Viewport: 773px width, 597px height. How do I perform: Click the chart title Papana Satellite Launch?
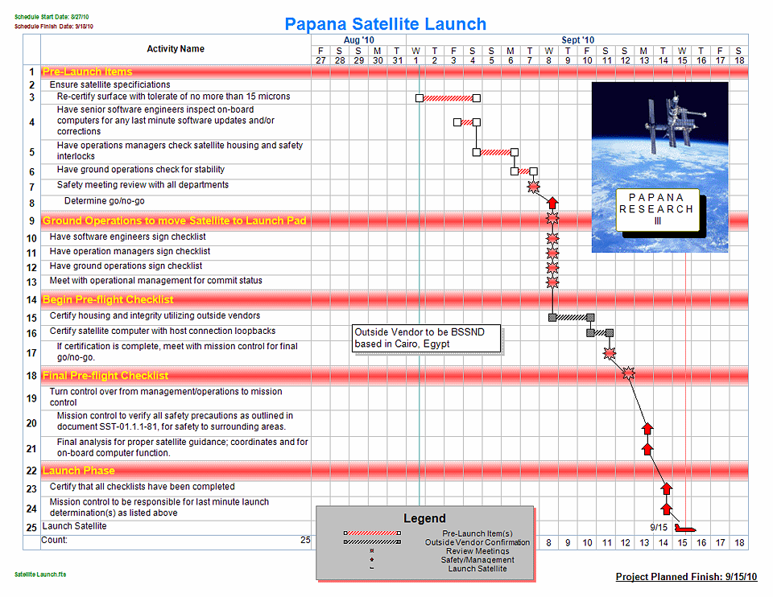pyautogui.click(x=385, y=24)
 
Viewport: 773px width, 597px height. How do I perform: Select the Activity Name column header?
pyautogui.click(x=176, y=49)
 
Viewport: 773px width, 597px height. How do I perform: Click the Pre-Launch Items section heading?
pyautogui.click(x=88, y=72)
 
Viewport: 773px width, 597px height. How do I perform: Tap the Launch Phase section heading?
pyautogui.click(x=79, y=471)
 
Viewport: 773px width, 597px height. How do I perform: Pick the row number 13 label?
pyautogui.click(x=31, y=282)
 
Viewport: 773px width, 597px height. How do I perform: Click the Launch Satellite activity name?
pyautogui.click(x=74, y=526)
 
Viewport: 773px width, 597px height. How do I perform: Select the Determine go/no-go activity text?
pyautogui.click(x=105, y=201)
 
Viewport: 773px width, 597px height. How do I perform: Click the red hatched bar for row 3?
pyautogui.click(x=448, y=98)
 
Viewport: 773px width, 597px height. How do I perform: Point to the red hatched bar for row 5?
pyautogui.click(x=495, y=151)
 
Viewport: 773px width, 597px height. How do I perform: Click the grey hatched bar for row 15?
pyautogui.click(x=572, y=317)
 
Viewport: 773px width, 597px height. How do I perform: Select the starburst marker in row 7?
pyautogui.click(x=533, y=187)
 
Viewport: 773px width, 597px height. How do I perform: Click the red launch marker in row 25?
pyautogui.click(x=685, y=528)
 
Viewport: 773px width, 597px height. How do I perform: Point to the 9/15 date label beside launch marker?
pyautogui.click(x=659, y=528)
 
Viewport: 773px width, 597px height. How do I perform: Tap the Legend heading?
pyautogui.click(x=424, y=518)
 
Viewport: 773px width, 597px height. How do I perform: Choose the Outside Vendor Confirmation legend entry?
pyautogui.click(x=477, y=542)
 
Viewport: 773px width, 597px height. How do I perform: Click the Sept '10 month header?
pyautogui.click(x=577, y=39)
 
